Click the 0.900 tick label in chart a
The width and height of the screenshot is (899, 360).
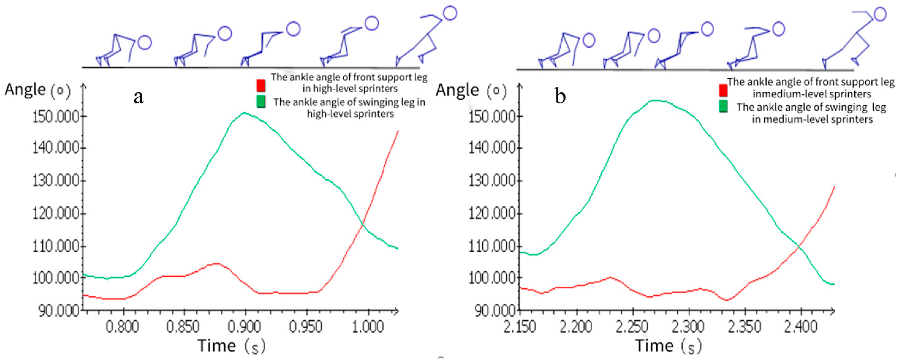[x=244, y=327]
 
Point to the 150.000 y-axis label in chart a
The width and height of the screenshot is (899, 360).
[x=56, y=117]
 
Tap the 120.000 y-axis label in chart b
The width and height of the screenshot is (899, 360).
[x=492, y=213]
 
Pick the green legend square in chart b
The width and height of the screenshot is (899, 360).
[x=723, y=106]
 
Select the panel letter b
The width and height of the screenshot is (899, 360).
[x=560, y=96]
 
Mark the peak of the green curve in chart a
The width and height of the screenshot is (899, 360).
[x=244, y=113]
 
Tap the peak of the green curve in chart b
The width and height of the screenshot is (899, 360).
[x=656, y=101]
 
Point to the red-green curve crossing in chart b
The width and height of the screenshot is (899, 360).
[x=799, y=248]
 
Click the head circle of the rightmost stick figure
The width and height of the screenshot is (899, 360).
[x=880, y=14]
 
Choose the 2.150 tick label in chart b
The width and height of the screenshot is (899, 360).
[x=520, y=327]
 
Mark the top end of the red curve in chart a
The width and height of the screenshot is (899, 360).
[x=398, y=131]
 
